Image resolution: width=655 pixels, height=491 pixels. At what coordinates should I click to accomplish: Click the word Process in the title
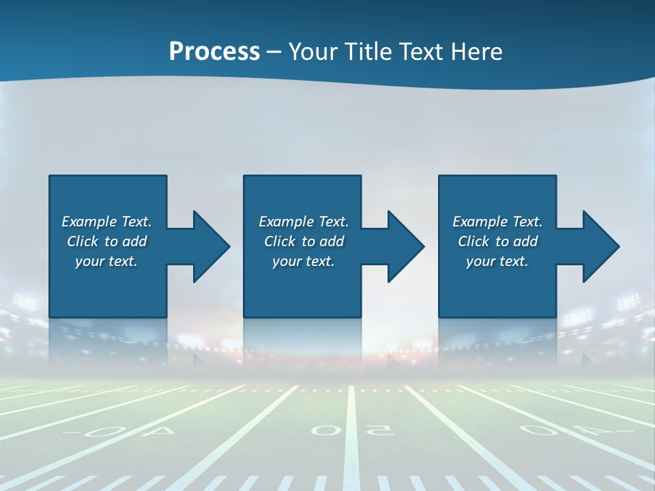point(214,52)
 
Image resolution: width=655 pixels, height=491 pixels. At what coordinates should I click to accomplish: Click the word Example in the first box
point(90,222)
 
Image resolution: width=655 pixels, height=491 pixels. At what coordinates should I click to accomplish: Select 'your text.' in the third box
point(497,261)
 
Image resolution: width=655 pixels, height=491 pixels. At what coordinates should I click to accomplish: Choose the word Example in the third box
point(481,222)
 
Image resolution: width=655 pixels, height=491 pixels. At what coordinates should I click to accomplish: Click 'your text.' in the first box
point(106,261)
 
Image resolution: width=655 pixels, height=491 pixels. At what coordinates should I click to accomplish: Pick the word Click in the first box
point(84,241)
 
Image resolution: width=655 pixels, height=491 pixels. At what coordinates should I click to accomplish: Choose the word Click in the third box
point(475,241)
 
